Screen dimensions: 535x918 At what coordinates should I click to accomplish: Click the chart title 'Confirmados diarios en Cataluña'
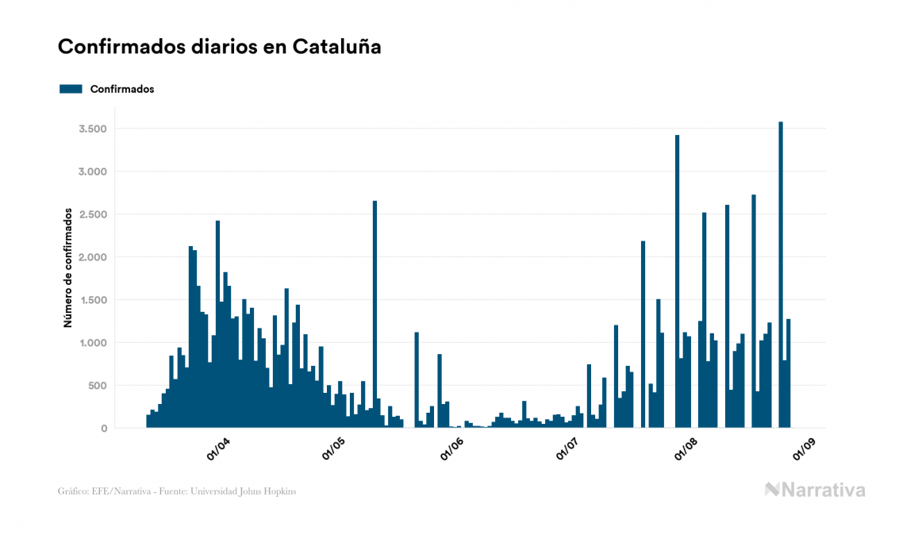(219, 47)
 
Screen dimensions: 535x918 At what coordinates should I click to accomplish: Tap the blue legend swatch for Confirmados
(71, 89)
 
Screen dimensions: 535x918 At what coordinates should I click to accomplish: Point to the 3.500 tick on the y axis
(94, 129)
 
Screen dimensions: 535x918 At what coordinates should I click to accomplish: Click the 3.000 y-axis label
(94, 171)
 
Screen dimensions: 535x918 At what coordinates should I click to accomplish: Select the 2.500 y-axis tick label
(94, 214)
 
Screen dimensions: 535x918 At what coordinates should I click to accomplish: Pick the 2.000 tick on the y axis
(94, 257)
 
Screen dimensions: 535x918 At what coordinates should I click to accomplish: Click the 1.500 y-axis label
(94, 300)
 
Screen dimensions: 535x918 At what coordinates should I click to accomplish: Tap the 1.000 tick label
(94, 343)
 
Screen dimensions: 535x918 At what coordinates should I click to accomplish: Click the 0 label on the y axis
(104, 429)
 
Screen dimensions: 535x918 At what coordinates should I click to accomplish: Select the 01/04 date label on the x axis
(218, 448)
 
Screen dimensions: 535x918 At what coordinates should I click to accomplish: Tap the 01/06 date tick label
(451, 448)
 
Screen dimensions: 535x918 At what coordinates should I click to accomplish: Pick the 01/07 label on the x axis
(567, 448)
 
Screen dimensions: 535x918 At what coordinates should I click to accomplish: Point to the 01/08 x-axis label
(685, 448)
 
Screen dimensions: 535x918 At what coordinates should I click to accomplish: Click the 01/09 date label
(802, 448)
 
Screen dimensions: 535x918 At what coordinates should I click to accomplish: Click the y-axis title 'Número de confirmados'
(68, 268)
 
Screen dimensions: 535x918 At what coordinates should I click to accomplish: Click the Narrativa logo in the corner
(815, 490)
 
